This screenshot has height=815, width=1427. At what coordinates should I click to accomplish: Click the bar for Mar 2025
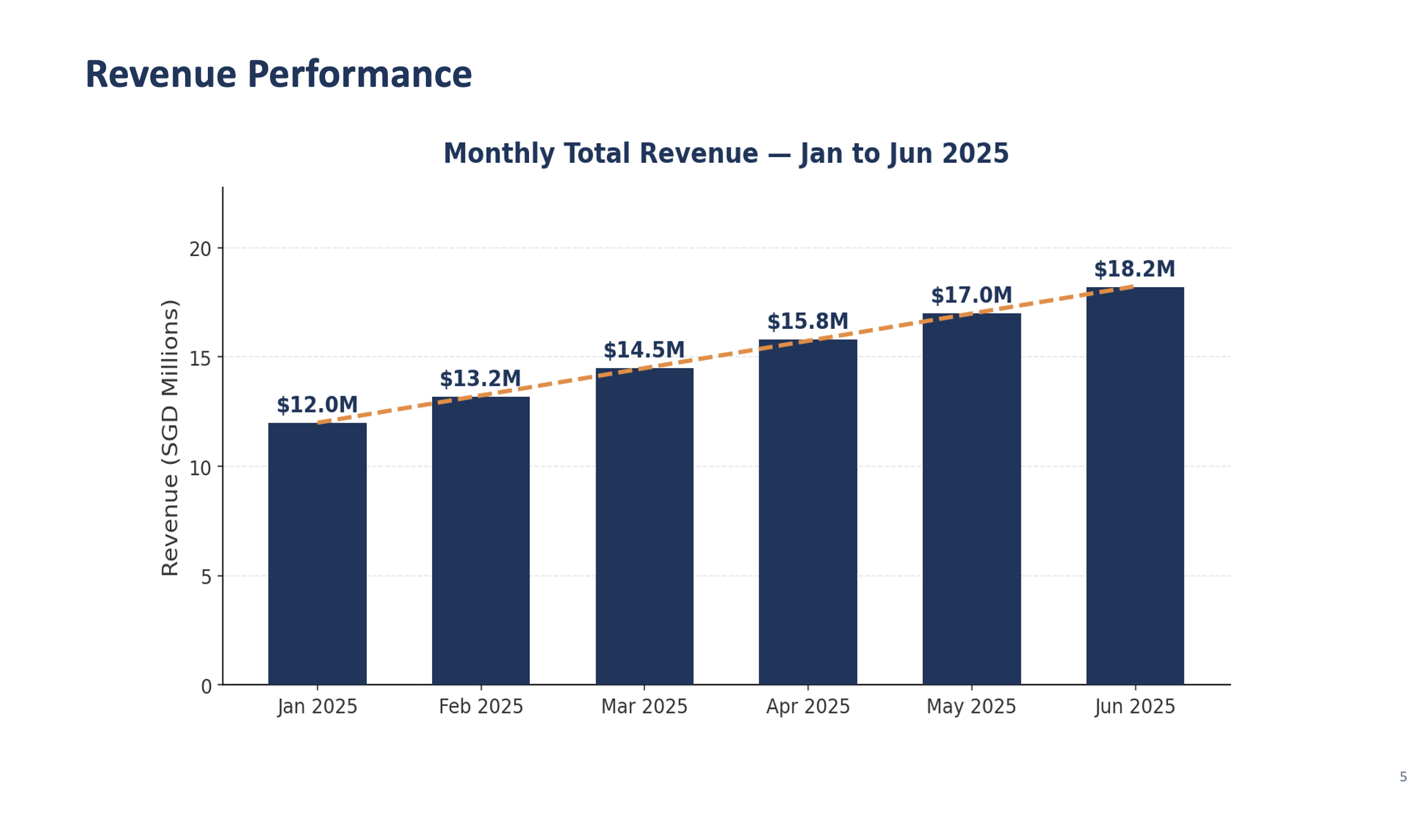point(644,526)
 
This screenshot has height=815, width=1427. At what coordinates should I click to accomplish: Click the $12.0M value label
point(317,405)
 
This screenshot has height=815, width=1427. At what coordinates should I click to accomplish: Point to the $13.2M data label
point(480,379)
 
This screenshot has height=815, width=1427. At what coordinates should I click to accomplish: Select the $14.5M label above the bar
point(644,350)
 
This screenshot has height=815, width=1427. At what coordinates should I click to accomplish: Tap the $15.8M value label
point(807,322)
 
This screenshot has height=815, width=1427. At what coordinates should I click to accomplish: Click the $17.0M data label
point(971,296)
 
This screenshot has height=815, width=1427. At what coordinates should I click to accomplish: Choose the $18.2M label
point(1134,269)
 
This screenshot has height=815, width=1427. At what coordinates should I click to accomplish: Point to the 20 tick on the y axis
point(200,249)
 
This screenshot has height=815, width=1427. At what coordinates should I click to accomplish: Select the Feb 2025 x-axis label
point(480,707)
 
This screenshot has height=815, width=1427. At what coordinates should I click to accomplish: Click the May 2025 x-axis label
point(971,707)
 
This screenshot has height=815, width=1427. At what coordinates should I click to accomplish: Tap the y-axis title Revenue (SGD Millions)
point(170,437)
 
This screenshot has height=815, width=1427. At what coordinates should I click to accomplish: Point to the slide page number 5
point(1403,777)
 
